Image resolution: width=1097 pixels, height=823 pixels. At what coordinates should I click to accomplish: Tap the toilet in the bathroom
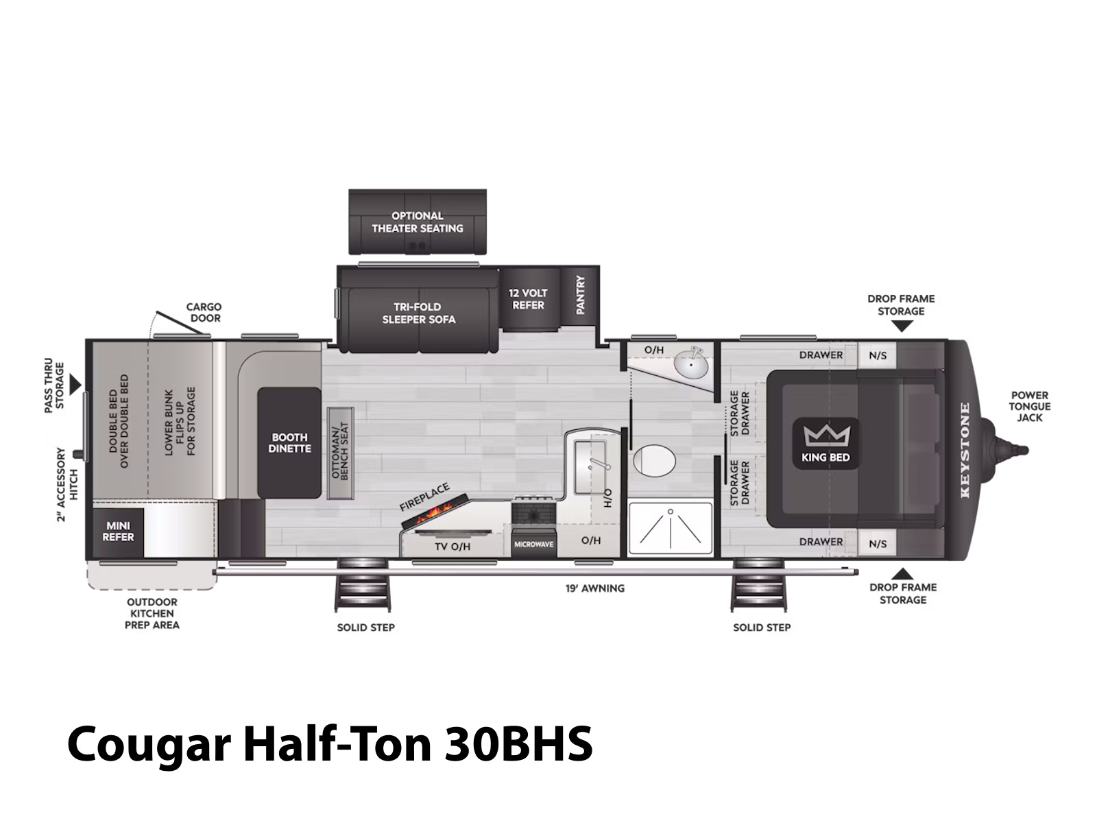(x=653, y=461)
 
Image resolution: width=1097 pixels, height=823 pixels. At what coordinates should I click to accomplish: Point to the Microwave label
(x=533, y=544)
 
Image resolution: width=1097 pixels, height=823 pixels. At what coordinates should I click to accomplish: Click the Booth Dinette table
(x=289, y=443)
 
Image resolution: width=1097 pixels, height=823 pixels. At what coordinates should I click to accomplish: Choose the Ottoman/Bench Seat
(x=340, y=453)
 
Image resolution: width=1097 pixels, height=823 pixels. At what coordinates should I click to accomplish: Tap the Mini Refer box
(x=118, y=532)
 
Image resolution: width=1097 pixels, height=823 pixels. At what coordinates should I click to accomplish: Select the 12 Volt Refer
(x=528, y=299)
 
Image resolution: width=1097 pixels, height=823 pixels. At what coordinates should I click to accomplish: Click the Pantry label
(x=580, y=295)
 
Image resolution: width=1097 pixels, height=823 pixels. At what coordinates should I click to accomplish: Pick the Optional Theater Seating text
(x=418, y=222)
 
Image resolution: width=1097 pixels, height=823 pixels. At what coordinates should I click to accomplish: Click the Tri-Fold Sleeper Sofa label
(x=418, y=313)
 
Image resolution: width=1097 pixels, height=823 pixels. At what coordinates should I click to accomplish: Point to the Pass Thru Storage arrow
(x=75, y=385)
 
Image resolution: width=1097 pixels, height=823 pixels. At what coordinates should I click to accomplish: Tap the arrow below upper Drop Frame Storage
(x=902, y=326)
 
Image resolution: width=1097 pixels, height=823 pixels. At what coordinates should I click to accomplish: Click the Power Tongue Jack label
(x=1029, y=406)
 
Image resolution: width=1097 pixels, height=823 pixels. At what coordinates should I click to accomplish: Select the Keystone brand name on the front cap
(x=965, y=450)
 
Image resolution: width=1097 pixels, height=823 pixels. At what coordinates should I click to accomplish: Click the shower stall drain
(x=670, y=512)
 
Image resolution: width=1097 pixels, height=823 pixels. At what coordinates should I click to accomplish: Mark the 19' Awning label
(x=594, y=588)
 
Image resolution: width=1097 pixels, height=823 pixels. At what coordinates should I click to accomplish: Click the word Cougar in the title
(x=149, y=745)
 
